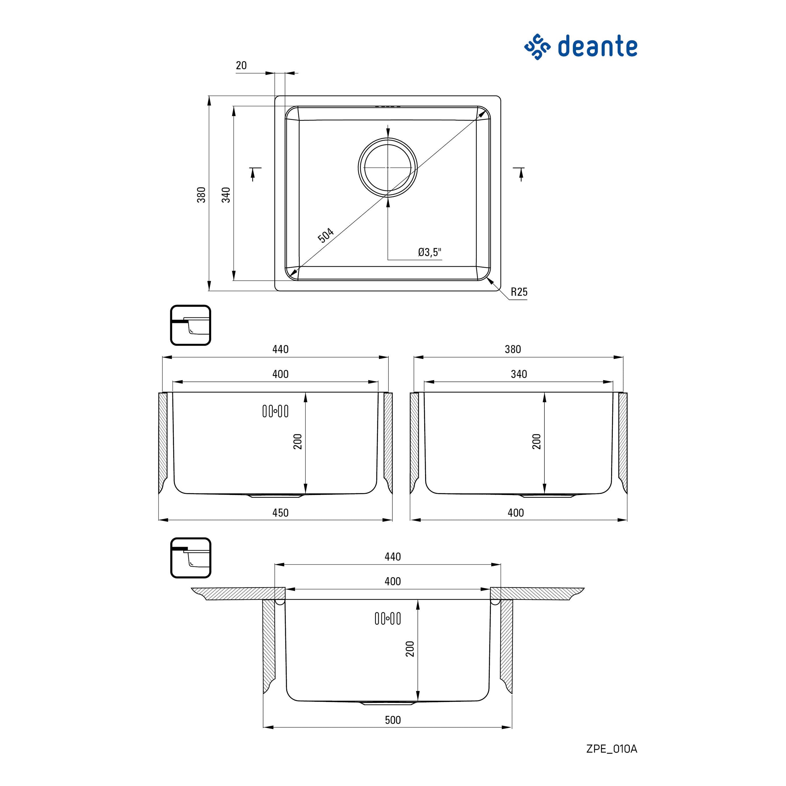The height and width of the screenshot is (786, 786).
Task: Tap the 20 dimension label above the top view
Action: click(241, 65)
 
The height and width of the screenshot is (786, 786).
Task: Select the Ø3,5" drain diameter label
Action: click(429, 252)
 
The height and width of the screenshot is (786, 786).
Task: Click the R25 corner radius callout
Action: click(519, 292)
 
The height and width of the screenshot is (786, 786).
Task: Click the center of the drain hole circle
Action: click(388, 168)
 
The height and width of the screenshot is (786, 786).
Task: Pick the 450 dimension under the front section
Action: click(280, 513)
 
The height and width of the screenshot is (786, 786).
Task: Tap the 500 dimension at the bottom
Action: click(393, 720)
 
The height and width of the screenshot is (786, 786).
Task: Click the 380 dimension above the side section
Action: click(513, 349)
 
